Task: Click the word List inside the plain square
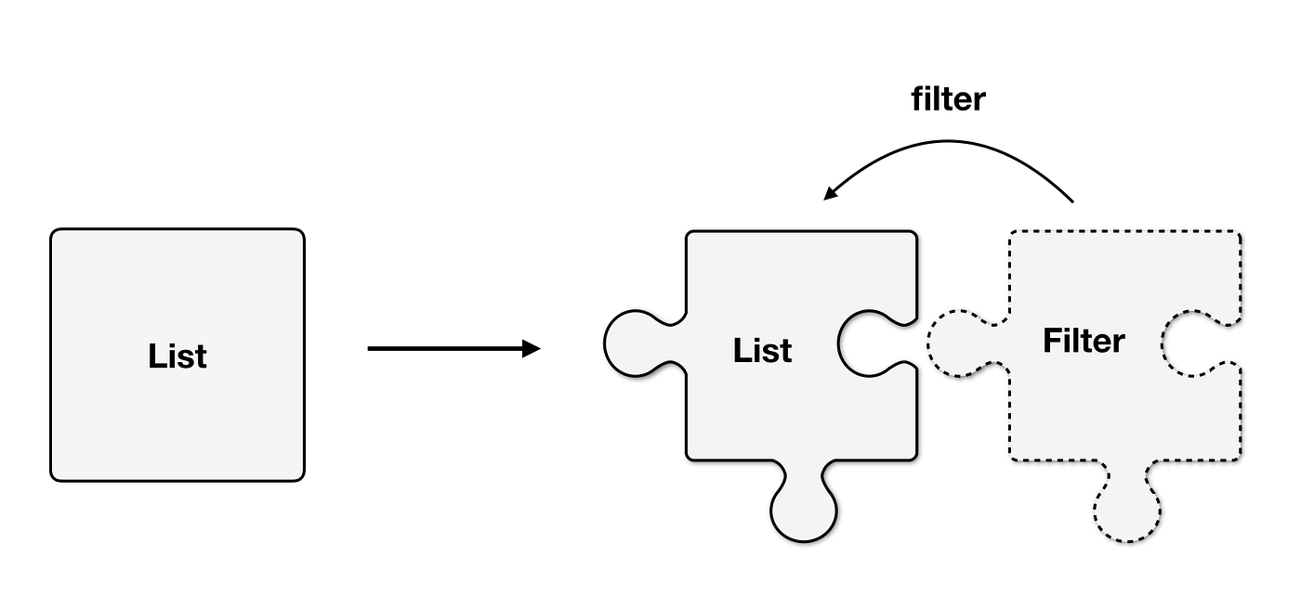click(x=177, y=356)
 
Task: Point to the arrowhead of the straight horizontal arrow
click(x=532, y=349)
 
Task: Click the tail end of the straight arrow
click(x=371, y=349)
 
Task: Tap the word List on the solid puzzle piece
click(x=762, y=351)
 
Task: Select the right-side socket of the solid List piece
click(x=869, y=343)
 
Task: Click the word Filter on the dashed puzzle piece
click(x=1084, y=341)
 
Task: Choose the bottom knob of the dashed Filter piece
click(x=1127, y=512)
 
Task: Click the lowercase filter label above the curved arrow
click(x=947, y=99)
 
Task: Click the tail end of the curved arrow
click(x=1072, y=201)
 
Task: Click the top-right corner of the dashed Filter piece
click(x=1239, y=233)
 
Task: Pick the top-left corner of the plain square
click(x=54, y=232)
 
